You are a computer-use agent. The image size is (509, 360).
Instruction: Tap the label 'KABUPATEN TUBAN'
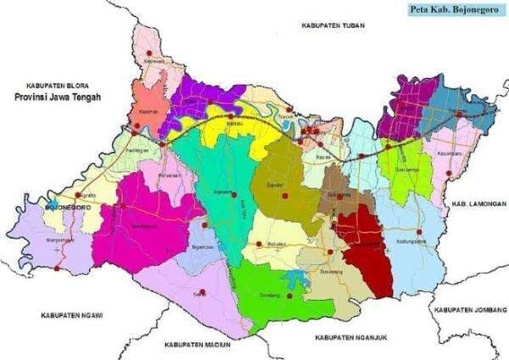333,26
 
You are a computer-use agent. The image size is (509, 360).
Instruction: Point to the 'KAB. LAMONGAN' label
478,205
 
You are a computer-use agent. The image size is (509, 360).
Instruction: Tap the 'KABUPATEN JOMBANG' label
468,310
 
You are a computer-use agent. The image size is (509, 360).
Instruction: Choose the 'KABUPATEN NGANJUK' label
350,337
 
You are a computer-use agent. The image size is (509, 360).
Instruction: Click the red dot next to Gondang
289,295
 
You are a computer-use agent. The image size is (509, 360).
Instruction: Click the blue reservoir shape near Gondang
296,277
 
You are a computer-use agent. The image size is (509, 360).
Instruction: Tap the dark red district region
367,250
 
